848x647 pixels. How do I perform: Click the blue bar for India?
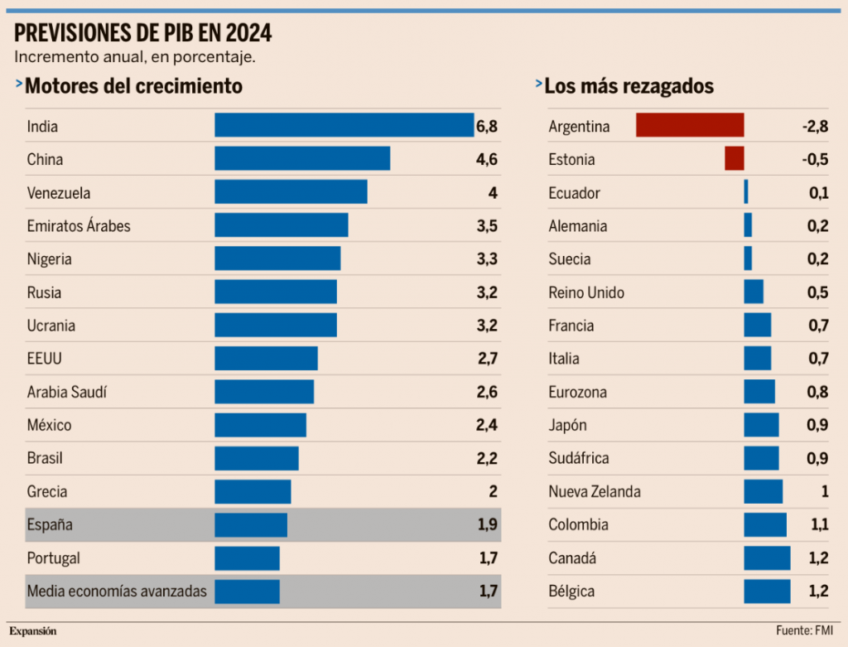344,125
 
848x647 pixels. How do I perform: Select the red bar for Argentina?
690,126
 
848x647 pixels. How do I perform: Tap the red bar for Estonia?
735,159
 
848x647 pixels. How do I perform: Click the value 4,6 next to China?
486,159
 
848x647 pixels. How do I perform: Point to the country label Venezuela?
59,193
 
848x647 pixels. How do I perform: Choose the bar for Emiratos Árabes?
281,225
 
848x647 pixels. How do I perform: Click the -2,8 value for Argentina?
815,127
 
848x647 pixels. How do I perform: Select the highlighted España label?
50,524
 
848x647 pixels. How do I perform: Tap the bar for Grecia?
253,491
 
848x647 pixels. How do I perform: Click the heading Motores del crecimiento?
133,86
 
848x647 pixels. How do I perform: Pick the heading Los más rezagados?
629,86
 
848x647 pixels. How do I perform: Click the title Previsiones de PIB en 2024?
143,33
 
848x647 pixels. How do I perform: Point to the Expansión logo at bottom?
33,631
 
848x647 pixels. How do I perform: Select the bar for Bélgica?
767,591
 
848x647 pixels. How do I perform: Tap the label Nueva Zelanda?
595,491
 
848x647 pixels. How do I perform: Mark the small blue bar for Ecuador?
746,192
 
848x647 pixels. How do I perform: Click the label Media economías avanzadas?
117,591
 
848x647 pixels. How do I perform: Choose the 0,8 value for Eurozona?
818,392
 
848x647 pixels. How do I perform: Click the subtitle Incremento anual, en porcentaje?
134,57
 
